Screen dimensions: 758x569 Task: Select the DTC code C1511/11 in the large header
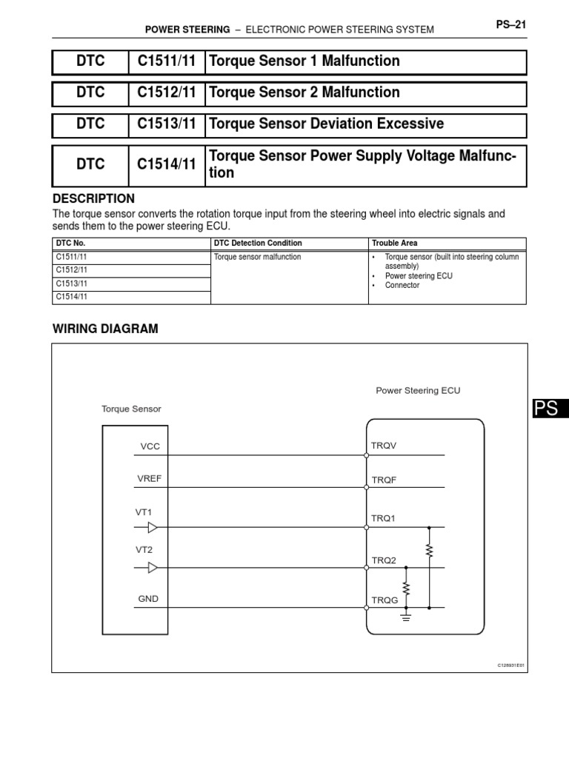(167, 61)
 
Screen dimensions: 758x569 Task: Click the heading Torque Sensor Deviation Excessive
(327, 124)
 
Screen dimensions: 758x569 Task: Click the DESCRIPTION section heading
(93, 198)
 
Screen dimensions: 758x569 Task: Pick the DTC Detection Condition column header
(257, 244)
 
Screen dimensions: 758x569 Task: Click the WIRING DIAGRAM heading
(104, 328)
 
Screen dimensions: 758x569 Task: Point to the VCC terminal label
(150, 446)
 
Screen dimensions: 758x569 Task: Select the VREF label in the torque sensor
(149, 479)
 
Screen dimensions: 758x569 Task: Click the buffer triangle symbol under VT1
(152, 528)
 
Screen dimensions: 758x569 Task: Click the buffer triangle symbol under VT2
(152, 568)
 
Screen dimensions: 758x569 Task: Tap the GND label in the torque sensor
(148, 599)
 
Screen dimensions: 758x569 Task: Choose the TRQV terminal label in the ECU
(385, 446)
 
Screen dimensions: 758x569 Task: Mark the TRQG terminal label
(385, 600)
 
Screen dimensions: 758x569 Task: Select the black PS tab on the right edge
(549, 409)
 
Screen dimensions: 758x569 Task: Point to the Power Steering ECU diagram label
(418, 391)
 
